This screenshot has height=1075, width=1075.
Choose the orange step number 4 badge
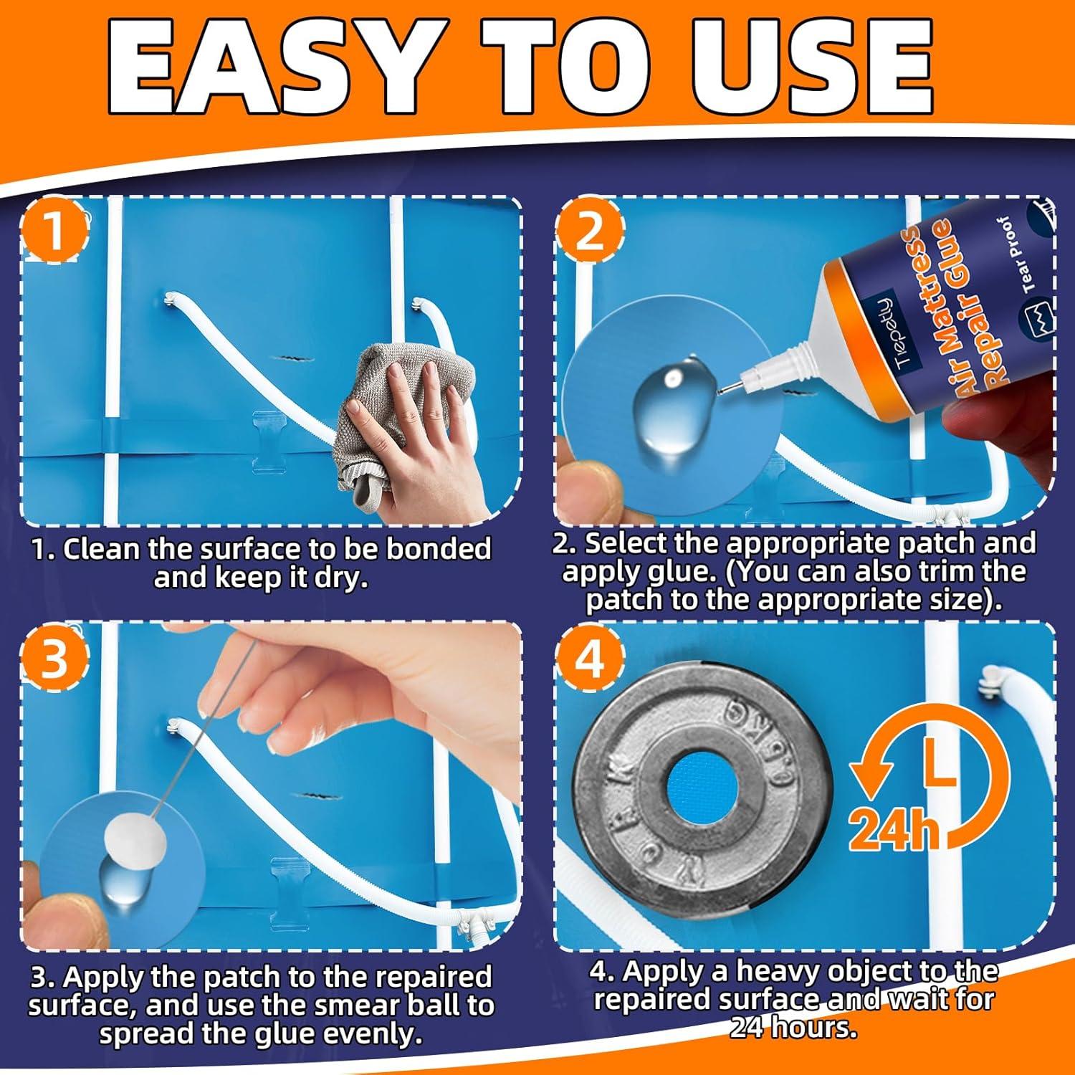click(589, 661)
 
